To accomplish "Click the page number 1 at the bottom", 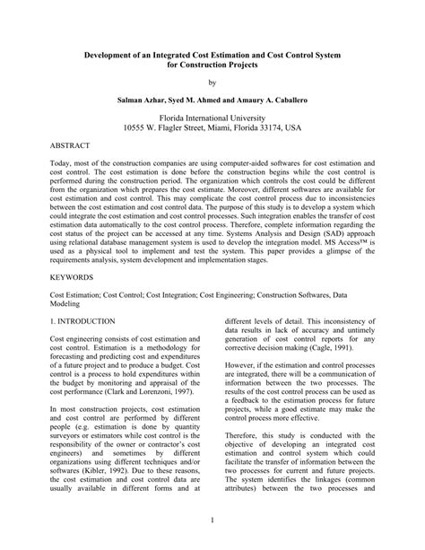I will coord(212,519).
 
